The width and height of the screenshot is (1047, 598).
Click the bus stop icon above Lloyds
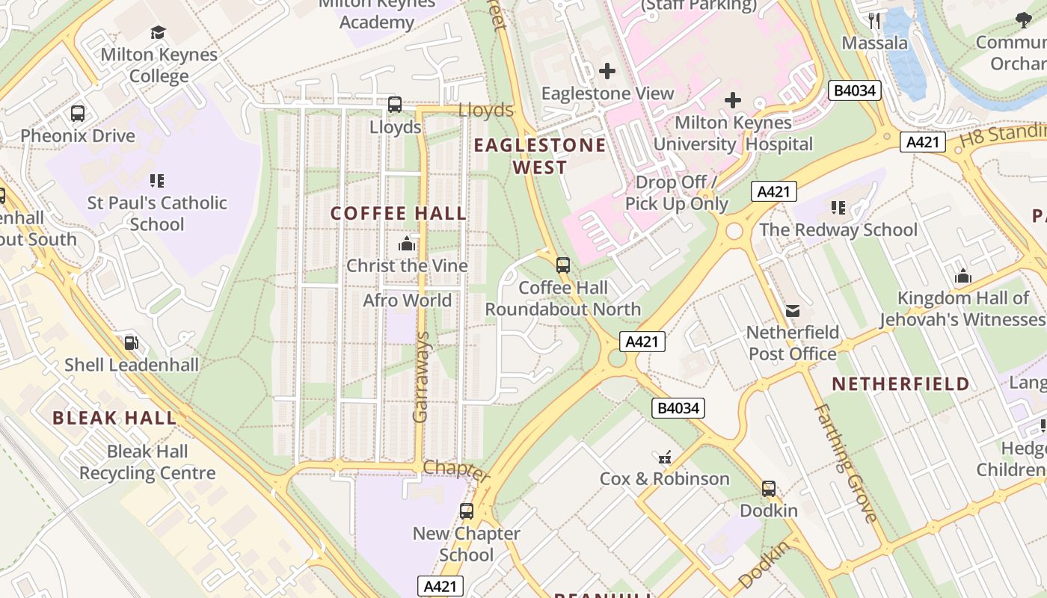[x=394, y=105]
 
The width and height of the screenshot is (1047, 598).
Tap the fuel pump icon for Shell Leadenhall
[x=132, y=343]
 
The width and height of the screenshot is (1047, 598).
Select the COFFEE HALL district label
[x=399, y=214]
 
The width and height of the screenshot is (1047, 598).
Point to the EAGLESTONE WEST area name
[x=540, y=156]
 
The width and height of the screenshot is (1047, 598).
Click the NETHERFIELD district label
[x=900, y=384]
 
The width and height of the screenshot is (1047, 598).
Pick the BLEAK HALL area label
[x=114, y=418]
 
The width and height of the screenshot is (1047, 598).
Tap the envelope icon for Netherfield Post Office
[x=793, y=310]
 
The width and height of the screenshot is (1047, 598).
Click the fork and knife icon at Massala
[x=874, y=20]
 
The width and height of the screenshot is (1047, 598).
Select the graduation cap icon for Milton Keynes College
[x=158, y=32]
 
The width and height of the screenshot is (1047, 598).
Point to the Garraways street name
[x=421, y=377]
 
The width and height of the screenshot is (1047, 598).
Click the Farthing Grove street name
[x=845, y=463]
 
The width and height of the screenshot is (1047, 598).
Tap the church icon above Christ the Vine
[x=407, y=244]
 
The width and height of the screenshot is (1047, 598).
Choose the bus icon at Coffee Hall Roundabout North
[x=563, y=265]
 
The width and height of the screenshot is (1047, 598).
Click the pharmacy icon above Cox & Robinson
[x=664, y=457]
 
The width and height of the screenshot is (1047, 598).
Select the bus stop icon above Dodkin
[x=768, y=489]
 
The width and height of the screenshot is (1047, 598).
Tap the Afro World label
[x=407, y=300]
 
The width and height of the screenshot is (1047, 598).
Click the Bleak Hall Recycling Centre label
[x=147, y=462]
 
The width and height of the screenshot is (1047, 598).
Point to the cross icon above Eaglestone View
[x=607, y=71]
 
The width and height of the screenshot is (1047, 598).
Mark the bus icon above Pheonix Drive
[x=78, y=114]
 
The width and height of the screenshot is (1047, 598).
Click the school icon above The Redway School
[x=838, y=207]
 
